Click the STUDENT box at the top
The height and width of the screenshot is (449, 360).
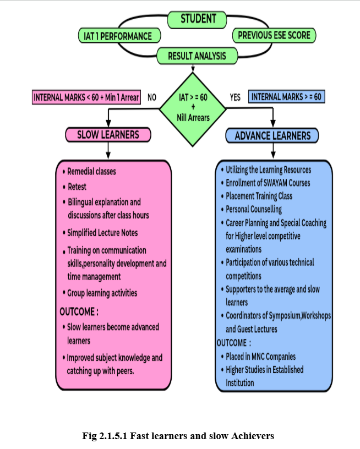198,19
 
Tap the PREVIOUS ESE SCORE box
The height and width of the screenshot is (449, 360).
274,36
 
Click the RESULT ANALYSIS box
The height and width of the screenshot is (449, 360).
197,56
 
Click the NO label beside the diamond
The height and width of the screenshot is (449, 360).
152,97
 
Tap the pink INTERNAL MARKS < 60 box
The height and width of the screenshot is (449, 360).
86,97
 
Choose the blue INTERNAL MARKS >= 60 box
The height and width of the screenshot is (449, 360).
286,97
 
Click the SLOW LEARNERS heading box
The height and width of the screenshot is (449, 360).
108,135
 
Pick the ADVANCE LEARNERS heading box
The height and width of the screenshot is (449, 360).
272,135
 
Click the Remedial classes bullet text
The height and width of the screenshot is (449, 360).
91,172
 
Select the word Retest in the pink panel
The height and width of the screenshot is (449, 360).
77,187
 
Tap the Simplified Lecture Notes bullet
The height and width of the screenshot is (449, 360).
102,233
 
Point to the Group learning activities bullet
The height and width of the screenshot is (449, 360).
101,293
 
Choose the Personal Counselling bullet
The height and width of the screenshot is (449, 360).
254,209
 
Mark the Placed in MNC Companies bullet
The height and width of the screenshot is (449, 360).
260,357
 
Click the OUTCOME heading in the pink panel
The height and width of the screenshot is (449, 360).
79,312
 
